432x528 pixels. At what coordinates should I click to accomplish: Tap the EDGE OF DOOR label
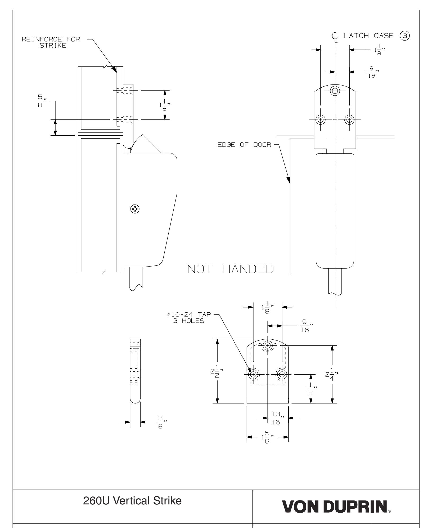(x=244, y=145)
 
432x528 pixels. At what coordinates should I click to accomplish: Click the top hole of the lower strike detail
(x=268, y=345)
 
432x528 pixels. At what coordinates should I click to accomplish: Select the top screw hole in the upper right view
(x=335, y=91)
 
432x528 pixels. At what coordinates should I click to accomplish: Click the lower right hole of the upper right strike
(x=349, y=120)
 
